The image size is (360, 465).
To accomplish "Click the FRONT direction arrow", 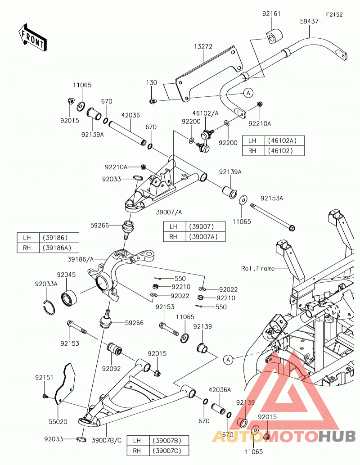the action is (x=32, y=38).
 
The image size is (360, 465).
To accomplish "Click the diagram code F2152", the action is (x=334, y=14).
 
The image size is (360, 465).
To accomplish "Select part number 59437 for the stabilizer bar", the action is (x=309, y=21).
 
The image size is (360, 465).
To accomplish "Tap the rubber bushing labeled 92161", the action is (x=274, y=36).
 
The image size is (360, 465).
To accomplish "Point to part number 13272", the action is (x=203, y=46).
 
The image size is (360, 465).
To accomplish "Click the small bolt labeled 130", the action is (x=153, y=101).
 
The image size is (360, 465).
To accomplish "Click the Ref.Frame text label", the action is (x=258, y=268).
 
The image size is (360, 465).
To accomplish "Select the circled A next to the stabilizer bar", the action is (x=248, y=93).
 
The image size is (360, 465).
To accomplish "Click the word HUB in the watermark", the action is (x=337, y=436).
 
